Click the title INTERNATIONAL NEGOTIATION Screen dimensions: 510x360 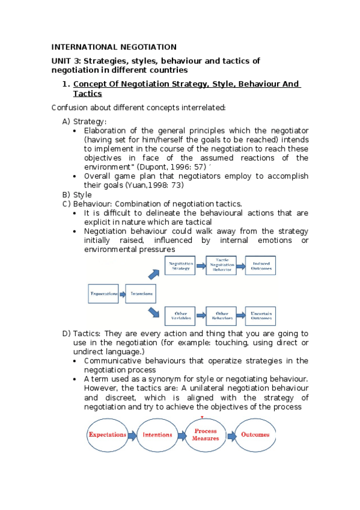(114, 47)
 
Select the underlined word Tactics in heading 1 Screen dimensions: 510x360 (87, 94)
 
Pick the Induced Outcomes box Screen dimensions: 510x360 (262, 266)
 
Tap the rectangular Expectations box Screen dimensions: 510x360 (104, 294)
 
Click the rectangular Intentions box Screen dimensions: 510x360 (141, 294)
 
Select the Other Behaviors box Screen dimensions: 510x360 (222, 316)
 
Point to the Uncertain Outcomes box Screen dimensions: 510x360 (262, 316)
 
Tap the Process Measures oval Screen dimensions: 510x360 (205, 435)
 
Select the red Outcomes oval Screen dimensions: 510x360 (255, 435)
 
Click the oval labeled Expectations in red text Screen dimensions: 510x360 (108, 435)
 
